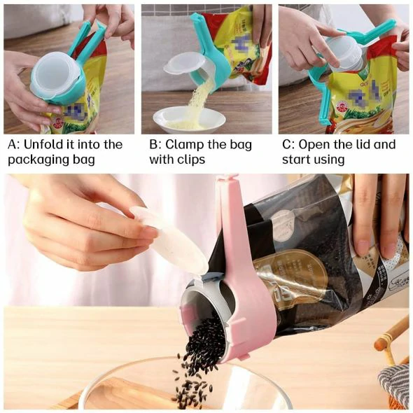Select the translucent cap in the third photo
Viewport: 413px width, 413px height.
(343, 52)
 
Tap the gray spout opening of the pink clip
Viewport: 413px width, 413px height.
(199, 308)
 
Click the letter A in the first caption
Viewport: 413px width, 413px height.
(13, 144)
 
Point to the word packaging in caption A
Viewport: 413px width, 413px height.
(36, 160)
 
